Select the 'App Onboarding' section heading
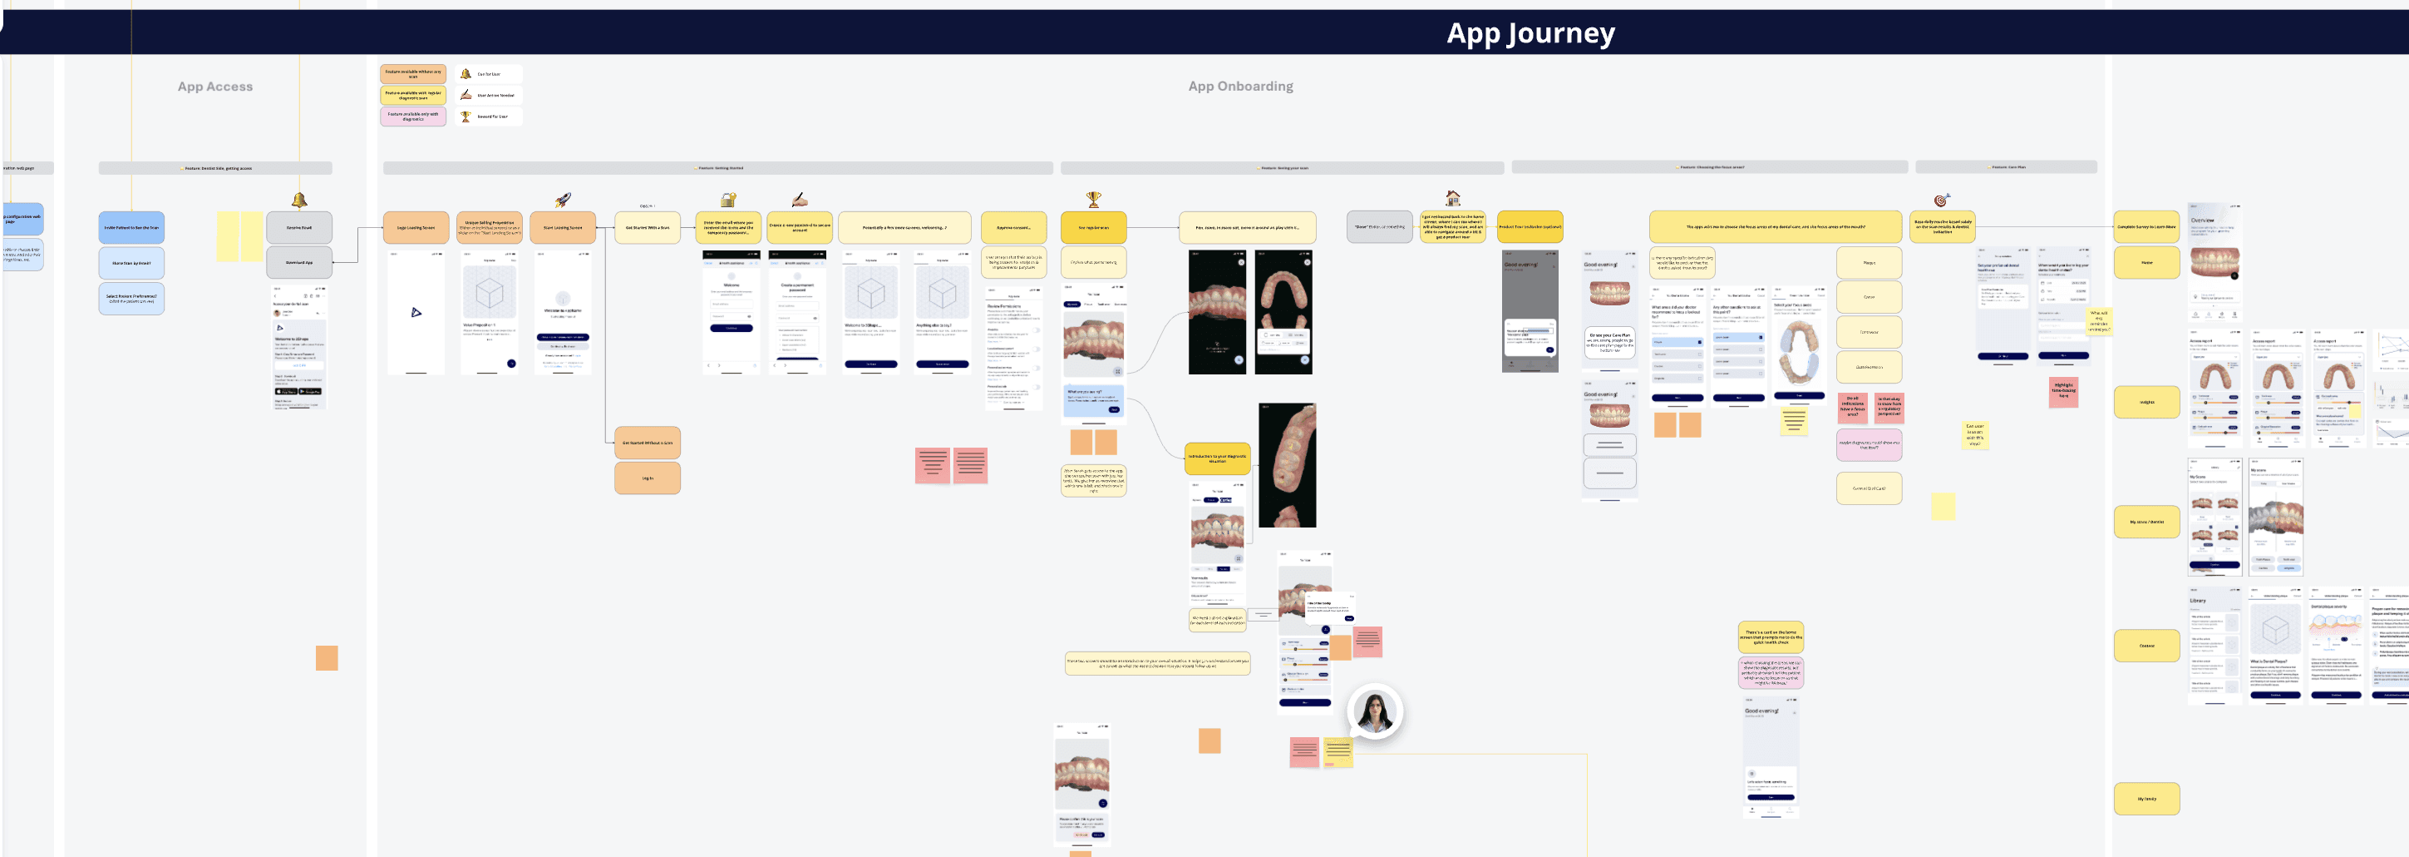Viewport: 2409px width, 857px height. click(x=1240, y=86)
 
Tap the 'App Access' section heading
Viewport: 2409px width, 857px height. click(x=215, y=86)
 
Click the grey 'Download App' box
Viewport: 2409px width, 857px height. click(x=299, y=262)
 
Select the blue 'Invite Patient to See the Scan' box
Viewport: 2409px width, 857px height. click(x=131, y=227)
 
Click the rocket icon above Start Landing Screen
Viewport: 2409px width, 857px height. click(x=563, y=200)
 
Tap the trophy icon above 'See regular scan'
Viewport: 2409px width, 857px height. click(x=1093, y=200)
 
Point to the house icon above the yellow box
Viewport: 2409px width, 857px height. click(x=1452, y=198)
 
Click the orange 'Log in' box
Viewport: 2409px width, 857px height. click(x=647, y=478)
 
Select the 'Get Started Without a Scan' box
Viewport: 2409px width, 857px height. click(x=647, y=443)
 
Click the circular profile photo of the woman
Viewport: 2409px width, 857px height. click(x=1375, y=712)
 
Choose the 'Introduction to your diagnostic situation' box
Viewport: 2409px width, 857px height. click(x=1217, y=458)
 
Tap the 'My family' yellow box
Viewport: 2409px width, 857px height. click(x=2146, y=799)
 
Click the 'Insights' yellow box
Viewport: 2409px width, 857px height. click(x=2146, y=403)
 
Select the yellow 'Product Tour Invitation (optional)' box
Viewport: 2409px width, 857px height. click(x=1530, y=226)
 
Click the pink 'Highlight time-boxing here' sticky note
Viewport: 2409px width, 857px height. click(x=2063, y=390)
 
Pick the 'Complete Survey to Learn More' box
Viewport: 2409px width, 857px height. click(x=2146, y=226)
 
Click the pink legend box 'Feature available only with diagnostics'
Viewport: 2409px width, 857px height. click(x=412, y=116)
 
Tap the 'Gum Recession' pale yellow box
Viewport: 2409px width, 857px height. click(x=1869, y=367)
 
